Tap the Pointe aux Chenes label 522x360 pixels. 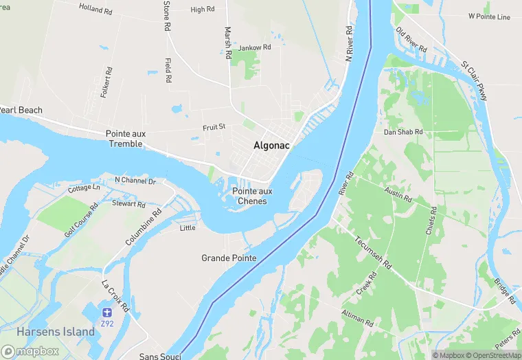click(252, 196)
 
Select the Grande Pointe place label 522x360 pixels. click(229, 258)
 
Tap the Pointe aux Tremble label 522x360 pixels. click(124, 139)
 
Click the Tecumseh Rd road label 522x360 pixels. click(373, 254)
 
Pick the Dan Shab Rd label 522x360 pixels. click(403, 132)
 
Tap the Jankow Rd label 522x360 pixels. click(255, 47)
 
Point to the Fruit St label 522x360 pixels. click(214, 127)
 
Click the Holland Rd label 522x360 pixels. click(95, 9)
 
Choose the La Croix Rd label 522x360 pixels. click(115, 295)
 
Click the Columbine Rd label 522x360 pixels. click(143, 227)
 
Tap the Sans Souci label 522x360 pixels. click(160, 356)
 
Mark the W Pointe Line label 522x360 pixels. click(489, 16)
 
